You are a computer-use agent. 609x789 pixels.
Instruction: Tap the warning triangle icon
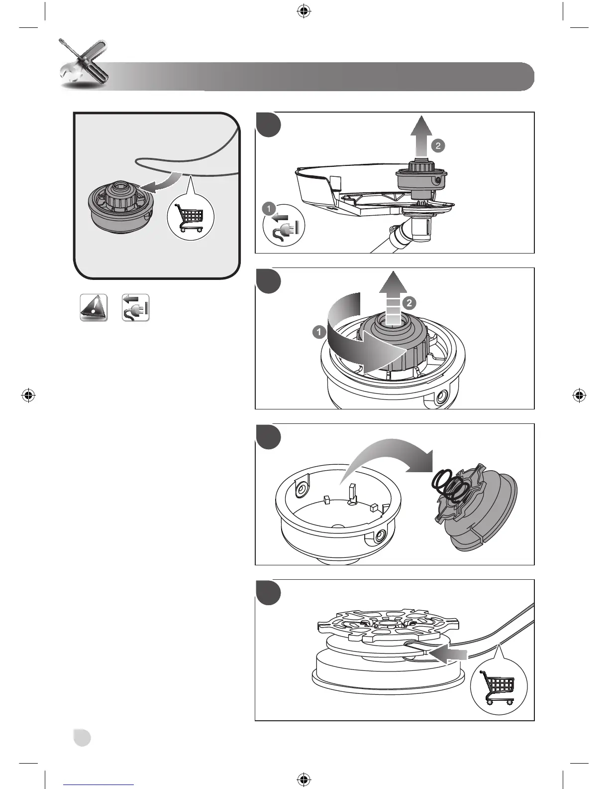(94, 308)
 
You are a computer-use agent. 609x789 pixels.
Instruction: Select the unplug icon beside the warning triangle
(135, 308)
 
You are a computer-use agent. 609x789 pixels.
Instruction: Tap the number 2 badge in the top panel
(438, 145)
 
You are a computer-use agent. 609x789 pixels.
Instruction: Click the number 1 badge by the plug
(269, 208)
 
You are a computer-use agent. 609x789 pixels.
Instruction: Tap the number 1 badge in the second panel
(319, 332)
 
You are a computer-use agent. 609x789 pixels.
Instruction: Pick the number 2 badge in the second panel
(408, 302)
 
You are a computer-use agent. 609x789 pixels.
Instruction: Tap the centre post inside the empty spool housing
(353, 493)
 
